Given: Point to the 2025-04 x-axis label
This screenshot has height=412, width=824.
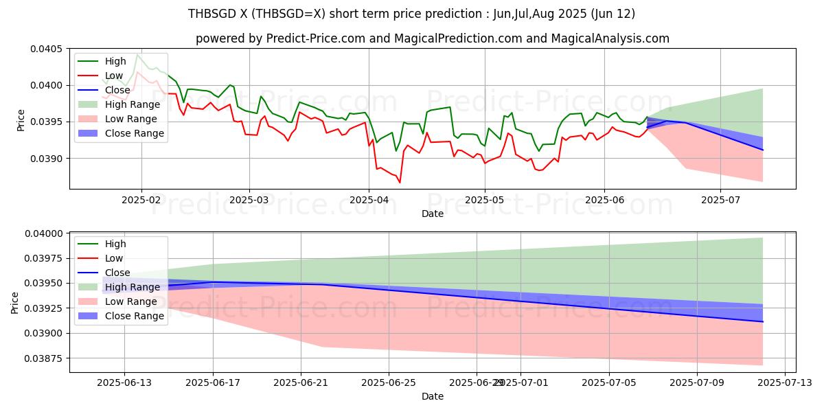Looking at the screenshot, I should (369, 201).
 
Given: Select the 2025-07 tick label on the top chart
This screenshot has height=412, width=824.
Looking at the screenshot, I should (720, 201).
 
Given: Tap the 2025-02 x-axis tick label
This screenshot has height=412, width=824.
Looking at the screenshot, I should (141, 201).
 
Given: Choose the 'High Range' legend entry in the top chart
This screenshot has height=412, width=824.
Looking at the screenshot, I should (132, 104).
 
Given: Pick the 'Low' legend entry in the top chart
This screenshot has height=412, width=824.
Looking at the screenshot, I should (114, 76).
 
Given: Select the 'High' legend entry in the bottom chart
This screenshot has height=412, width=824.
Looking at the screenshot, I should (115, 244).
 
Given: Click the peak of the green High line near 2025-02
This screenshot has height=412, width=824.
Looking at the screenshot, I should (137, 54).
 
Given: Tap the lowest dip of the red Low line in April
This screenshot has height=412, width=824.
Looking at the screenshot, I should (400, 182).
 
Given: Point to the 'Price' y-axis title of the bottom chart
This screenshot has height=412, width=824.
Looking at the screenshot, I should (15, 302).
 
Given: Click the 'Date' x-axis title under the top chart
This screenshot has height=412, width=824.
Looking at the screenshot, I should (433, 214).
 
